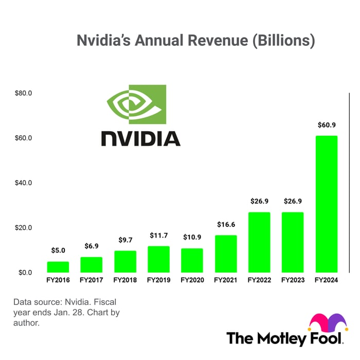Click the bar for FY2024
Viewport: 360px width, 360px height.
tap(326, 204)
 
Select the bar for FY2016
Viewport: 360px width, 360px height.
tap(58, 267)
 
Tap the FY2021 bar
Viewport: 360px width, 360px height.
tap(226, 254)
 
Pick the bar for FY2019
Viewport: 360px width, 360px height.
tap(158, 259)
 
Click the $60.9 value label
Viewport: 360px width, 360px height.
tap(326, 125)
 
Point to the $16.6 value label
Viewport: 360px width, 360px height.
tap(226, 224)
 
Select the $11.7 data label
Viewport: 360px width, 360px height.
tap(158, 235)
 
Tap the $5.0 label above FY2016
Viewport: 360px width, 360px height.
tap(58, 250)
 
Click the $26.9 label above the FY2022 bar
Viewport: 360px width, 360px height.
tap(259, 201)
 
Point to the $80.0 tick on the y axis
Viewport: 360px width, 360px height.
tap(24, 94)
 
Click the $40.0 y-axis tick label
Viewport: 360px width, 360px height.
tap(24, 183)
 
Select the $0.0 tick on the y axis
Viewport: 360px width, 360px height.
tap(25, 273)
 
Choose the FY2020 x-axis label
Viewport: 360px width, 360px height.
tap(192, 281)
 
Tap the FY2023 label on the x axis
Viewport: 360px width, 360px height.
tap(293, 281)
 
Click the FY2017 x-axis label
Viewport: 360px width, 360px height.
tap(92, 281)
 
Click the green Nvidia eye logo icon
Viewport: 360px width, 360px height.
tap(136, 104)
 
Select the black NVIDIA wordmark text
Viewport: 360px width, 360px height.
tap(140, 138)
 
